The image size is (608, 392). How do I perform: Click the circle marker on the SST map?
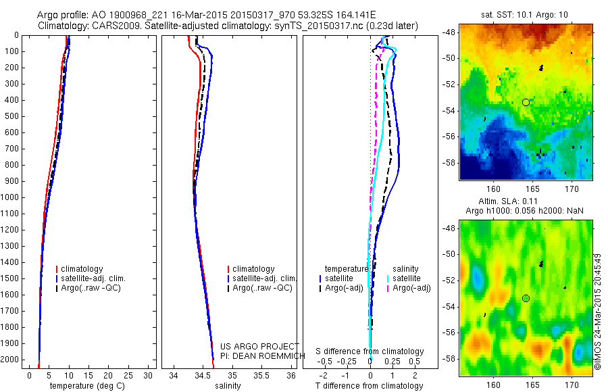[526, 102]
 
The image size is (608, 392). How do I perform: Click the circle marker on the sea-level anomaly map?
[526, 298]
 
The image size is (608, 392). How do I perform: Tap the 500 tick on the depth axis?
[14, 116]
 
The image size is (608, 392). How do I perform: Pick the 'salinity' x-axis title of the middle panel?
[227, 386]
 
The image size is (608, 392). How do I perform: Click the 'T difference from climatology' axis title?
[370, 386]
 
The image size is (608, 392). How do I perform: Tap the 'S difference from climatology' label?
[370, 351]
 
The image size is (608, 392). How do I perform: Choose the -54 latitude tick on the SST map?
[449, 111]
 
